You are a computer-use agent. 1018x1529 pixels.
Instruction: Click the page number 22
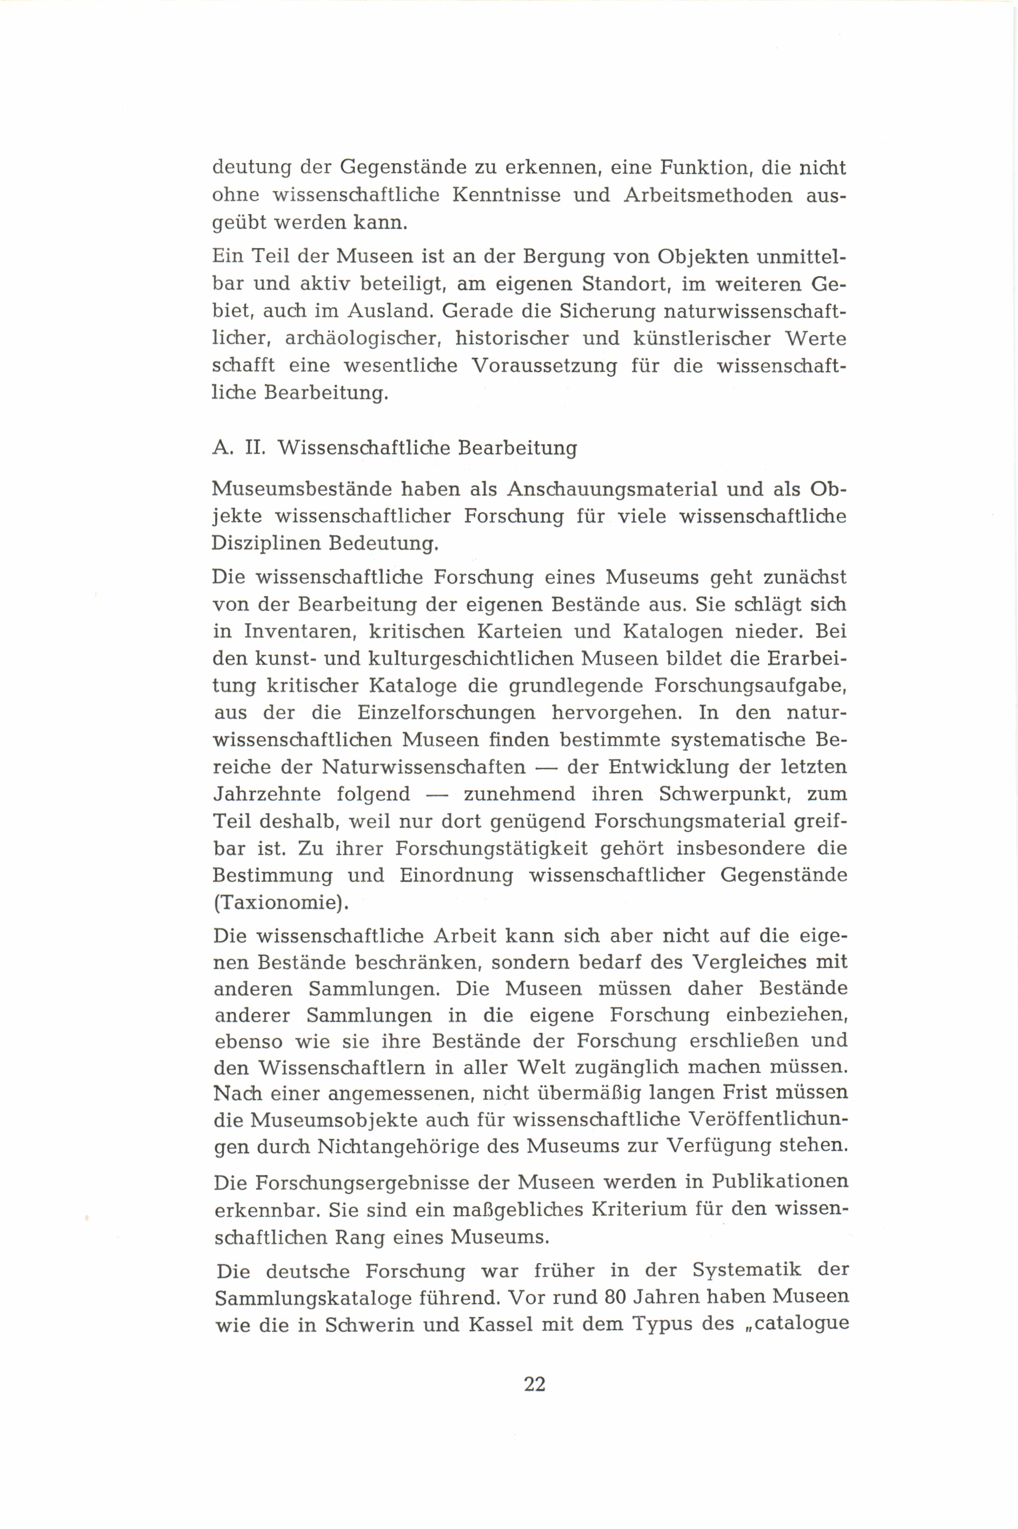click(534, 1384)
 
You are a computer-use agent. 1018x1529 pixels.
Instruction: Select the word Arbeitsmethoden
click(708, 195)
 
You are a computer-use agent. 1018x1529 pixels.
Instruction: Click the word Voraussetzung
click(544, 365)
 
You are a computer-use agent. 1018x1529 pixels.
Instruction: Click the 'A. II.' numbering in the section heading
click(239, 448)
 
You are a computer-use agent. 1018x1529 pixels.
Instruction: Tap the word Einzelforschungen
click(446, 712)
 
